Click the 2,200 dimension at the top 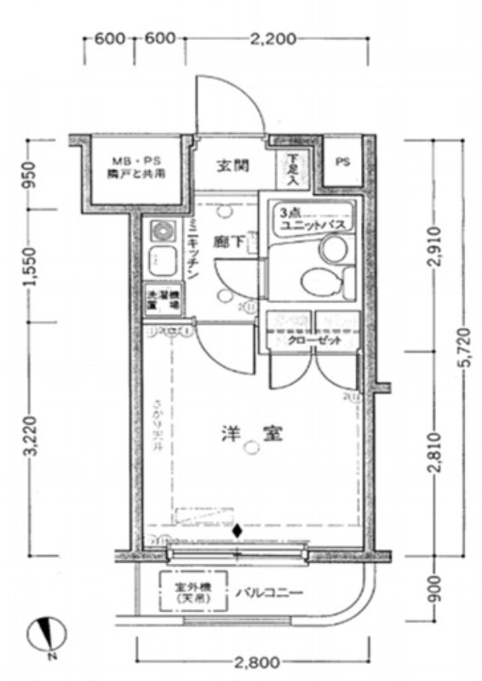click(x=274, y=38)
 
